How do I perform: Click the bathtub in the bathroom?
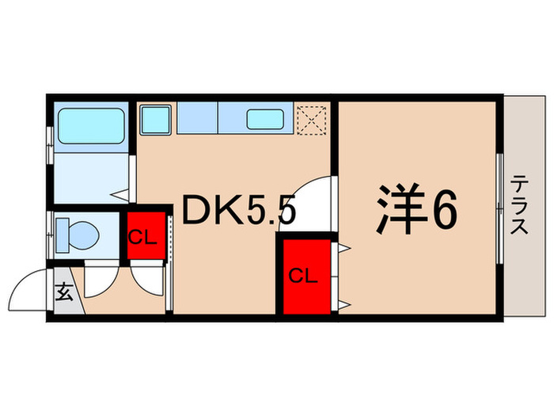click(89, 124)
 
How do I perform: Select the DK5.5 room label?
click(240, 211)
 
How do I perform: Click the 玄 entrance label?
click(65, 292)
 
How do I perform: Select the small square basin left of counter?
click(155, 120)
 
